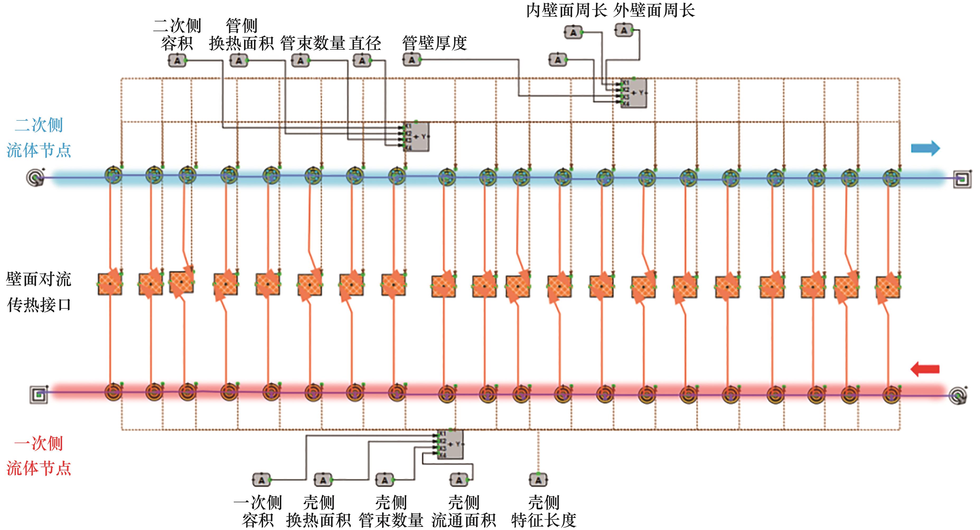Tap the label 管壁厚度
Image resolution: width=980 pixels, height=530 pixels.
point(434,43)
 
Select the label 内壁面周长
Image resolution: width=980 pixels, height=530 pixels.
point(566,10)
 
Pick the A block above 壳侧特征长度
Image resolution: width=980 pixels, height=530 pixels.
point(538,480)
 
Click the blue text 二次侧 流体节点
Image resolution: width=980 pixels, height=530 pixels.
point(39,138)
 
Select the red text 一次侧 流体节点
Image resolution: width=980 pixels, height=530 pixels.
point(39,456)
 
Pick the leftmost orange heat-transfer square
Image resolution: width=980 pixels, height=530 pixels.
point(110,284)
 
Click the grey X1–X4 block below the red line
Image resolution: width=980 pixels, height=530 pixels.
point(450,444)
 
